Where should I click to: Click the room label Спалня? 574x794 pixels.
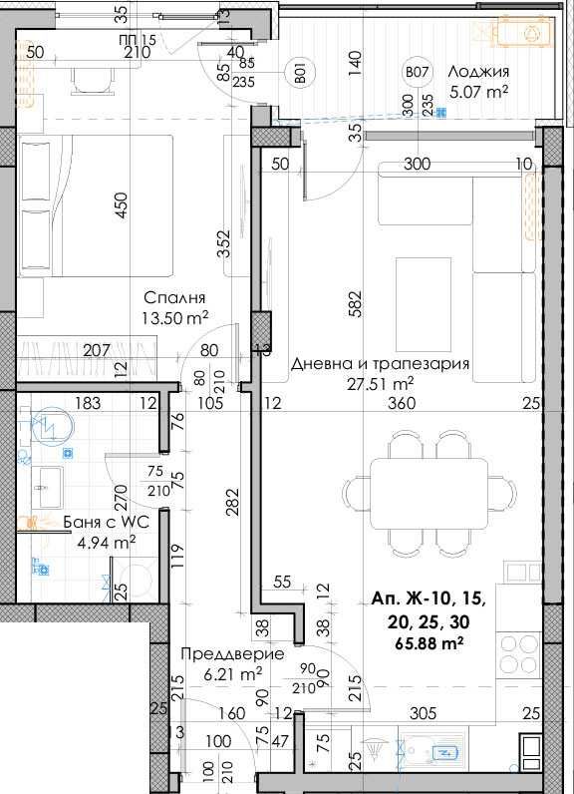tap(174, 297)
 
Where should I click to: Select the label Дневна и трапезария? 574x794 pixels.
tap(380, 364)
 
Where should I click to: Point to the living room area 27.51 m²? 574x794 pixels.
tap(381, 383)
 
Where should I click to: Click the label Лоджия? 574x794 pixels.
tap(478, 71)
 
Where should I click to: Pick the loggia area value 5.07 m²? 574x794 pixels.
tap(478, 92)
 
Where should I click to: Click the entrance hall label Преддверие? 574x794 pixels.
tap(232, 654)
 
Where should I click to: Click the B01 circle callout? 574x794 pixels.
tap(298, 72)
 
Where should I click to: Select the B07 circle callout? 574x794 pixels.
tap(416, 72)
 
